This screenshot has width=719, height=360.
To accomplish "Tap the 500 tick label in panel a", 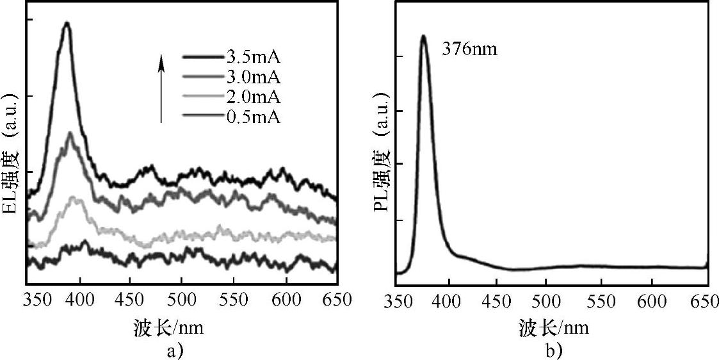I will click(x=182, y=299).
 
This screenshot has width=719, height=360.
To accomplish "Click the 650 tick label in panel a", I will click(x=335, y=299).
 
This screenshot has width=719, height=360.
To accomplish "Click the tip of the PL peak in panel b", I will click(x=423, y=37).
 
